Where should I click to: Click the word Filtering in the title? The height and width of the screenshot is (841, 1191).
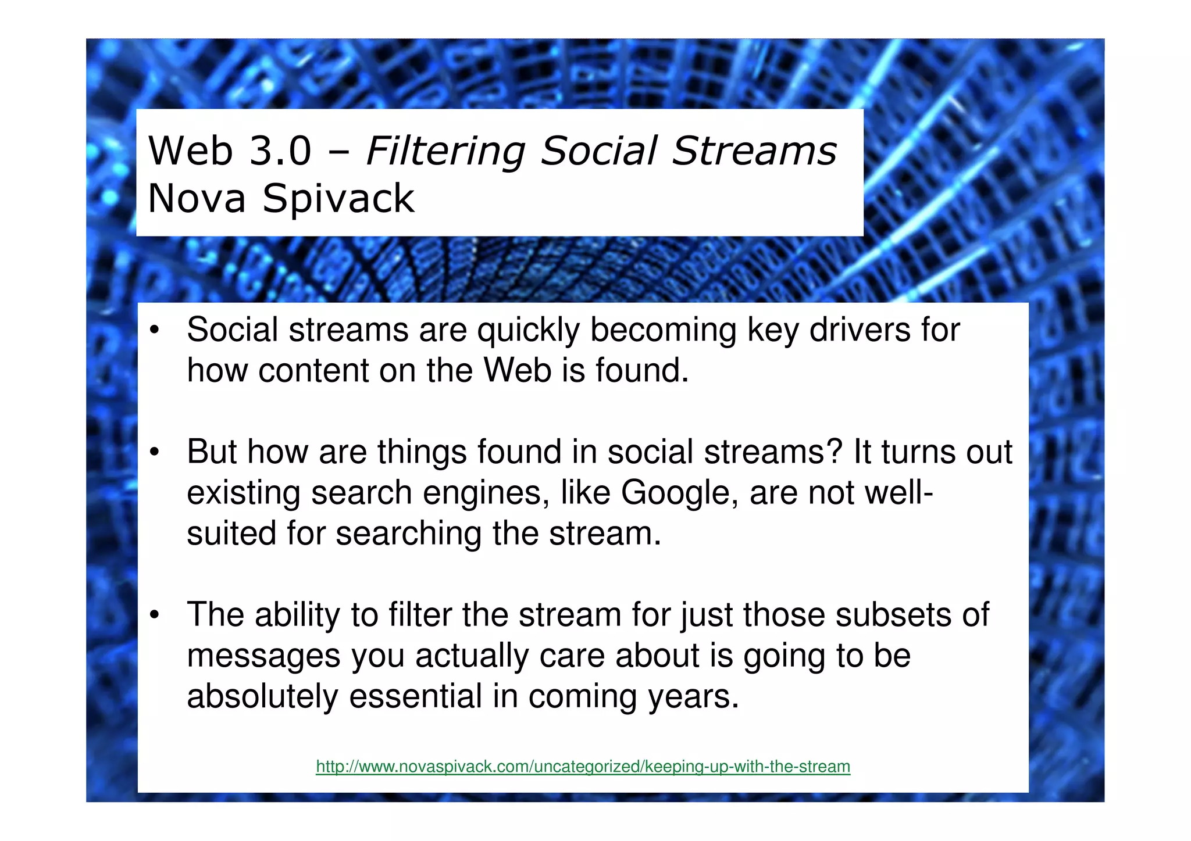click(x=445, y=151)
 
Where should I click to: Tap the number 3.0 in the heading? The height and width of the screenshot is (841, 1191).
click(x=280, y=151)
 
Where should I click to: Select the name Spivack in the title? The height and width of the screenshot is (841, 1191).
click(x=338, y=199)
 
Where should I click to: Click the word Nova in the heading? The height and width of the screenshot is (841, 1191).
click(x=197, y=199)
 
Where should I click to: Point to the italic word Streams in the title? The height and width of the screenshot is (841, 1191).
click(x=754, y=151)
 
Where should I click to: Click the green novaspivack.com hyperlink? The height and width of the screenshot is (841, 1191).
click(x=583, y=767)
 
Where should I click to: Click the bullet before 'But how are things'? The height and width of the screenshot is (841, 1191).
click(x=154, y=453)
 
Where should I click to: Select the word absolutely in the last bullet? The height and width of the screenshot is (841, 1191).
click(x=262, y=696)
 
